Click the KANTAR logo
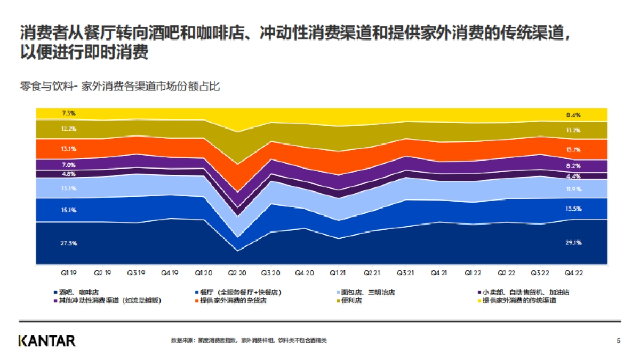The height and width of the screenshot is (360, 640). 47,341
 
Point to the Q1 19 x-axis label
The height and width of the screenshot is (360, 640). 69,272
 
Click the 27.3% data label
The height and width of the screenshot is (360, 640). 69,243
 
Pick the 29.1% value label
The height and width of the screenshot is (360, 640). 573,243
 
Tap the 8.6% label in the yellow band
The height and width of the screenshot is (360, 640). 573,115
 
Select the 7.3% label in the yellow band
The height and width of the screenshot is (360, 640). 69,114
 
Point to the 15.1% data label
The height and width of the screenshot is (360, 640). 69,210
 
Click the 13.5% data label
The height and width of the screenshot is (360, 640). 573,209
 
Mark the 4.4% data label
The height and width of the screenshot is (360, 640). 573,176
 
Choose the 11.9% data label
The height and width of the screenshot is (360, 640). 573,189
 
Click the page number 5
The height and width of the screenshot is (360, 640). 618,340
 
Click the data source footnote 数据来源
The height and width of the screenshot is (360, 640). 249,340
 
